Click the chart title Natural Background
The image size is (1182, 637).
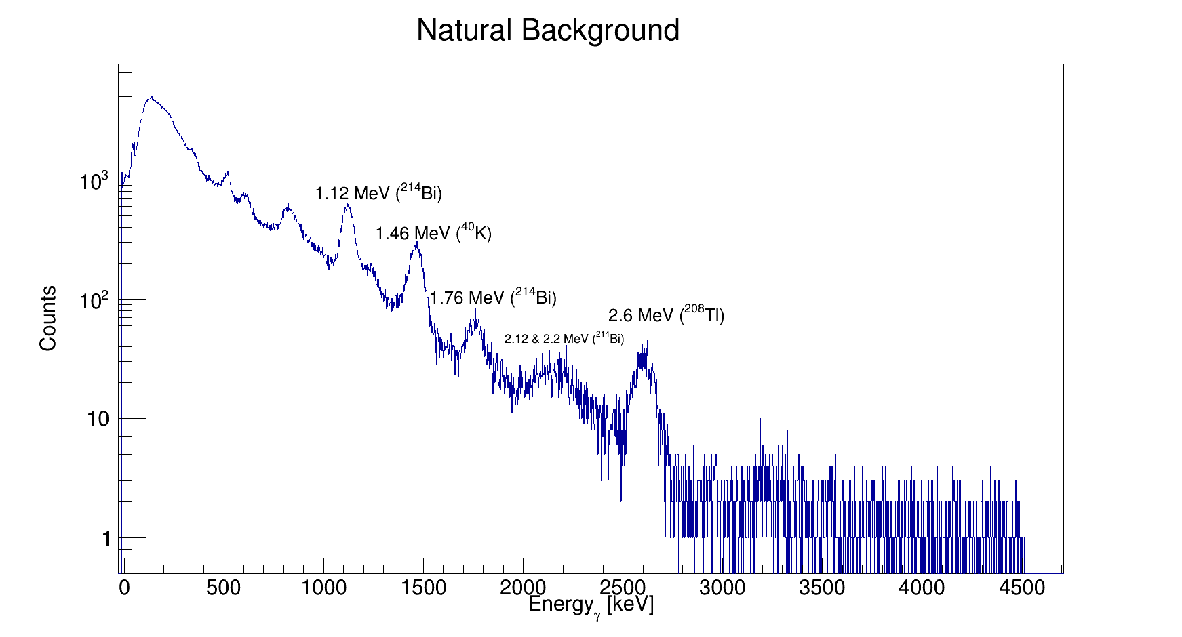click(x=548, y=31)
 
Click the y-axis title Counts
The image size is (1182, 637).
click(x=48, y=318)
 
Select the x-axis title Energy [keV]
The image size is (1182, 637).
click(x=591, y=604)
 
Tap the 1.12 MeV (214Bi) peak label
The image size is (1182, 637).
click(x=378, y=193)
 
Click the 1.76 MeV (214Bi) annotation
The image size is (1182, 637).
click(x=493, y=297)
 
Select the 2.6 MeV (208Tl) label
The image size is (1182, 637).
click(x=666, y=315)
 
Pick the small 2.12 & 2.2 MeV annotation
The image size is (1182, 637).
click(x=564, y=338)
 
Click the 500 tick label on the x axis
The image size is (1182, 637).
click(x=223, y=588)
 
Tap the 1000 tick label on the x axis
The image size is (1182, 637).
click(x=323, y=588)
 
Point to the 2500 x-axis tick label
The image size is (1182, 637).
click(x=623, y=588)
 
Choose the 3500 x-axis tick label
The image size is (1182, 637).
click(x=822, y=588)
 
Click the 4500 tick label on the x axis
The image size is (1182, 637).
click(x=1021, y=588)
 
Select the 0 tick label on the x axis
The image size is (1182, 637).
click(x=124, y=588)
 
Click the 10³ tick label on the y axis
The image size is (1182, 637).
click(x=94, y=182)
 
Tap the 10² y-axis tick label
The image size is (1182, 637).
click(x=94, y=300)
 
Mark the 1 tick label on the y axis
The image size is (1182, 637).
click(x=106, y=539)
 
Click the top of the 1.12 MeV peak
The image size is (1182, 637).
click(x=348, y=205)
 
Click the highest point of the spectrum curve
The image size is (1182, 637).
click(x=152, y=97)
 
